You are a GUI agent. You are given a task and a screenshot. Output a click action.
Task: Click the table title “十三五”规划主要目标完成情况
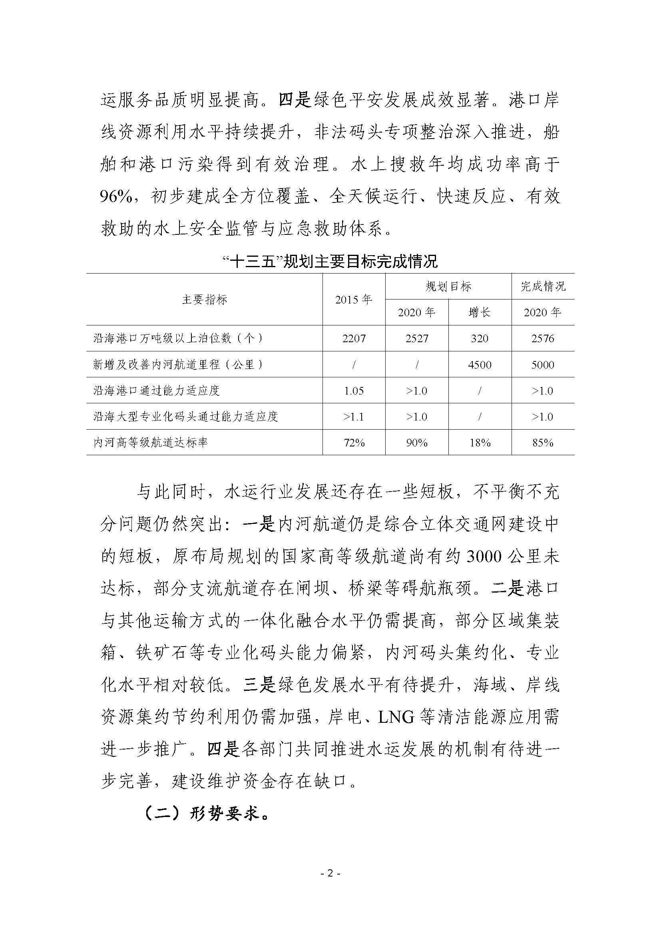click(330, 261)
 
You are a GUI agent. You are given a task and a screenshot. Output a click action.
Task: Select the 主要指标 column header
click(204, 299)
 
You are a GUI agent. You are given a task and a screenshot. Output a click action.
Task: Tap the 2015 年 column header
click(354, 299)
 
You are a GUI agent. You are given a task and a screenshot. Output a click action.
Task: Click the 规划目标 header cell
click(448, 286)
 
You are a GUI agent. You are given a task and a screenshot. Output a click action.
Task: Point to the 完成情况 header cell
click(543, 286)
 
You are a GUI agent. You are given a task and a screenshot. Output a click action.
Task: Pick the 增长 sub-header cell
click(480, 312)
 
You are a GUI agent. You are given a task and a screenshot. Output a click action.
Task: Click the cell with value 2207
click(354, 339)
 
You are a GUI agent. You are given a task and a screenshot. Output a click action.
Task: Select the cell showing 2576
click(543, 339)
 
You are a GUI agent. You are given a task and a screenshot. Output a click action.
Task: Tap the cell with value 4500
click(480, 365)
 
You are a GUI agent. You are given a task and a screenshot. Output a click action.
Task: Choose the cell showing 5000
click(543, 365)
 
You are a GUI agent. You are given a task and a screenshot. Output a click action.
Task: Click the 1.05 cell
click(354, 391)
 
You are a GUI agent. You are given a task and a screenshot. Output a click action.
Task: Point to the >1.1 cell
click(354, 416)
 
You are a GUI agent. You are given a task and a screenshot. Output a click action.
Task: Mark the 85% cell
click(543, 442)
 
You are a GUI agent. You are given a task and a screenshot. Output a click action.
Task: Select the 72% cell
click(354, 442)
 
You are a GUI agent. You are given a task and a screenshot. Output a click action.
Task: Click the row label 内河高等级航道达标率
click(151, 442)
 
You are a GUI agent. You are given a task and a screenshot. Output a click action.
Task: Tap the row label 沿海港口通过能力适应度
click(157, 391)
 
